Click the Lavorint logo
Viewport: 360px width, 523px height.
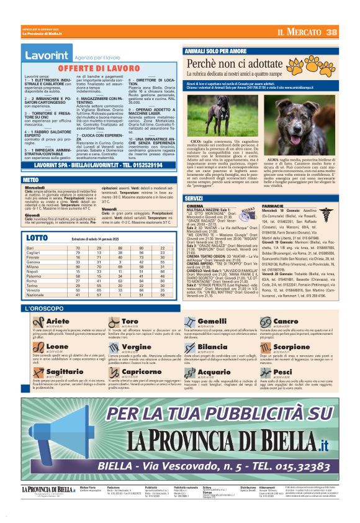coord(47,56)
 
